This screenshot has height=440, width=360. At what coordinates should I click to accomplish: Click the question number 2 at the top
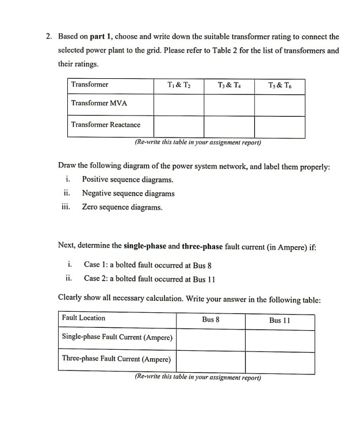(x=49, y=36)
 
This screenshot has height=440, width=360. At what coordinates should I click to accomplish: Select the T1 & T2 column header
(x=178, y=85)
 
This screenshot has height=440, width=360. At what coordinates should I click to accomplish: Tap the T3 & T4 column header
(x=229, y=85)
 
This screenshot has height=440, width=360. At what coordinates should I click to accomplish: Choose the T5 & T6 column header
(x=279, y=85)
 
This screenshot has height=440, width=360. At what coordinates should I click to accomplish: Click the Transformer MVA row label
(x=99, y=104)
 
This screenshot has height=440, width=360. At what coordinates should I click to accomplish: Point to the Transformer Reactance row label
(x=105, y=124)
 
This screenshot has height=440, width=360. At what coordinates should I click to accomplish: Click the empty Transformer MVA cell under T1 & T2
(x=178, y=104)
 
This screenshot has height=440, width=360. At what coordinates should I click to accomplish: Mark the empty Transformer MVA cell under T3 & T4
(x=229, y=104)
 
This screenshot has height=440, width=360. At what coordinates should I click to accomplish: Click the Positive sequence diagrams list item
(x=127, y=180)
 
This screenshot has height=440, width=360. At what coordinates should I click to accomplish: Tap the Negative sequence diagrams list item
(x=128, y=193)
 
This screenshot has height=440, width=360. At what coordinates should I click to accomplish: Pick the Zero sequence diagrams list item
(x=122, y=207)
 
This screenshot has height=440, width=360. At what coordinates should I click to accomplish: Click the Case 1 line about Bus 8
(x=148, y=265)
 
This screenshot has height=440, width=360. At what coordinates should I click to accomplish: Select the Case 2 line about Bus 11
(x=150, y=279)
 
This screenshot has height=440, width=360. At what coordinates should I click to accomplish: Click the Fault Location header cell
(x=84, y=318)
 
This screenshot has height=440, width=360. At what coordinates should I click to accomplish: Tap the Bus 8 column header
(x=210, y=319)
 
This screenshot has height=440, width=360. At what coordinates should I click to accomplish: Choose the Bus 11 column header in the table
(x=280, y=319)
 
